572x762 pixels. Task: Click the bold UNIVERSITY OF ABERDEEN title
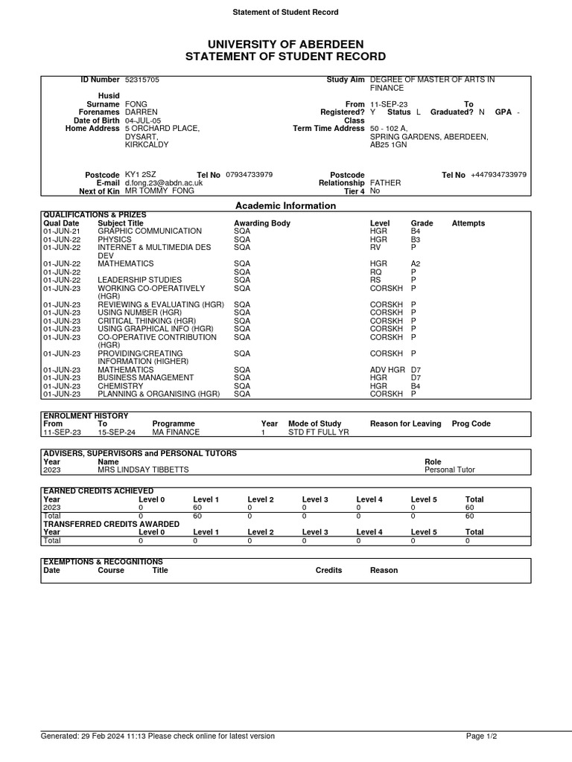(285, 45)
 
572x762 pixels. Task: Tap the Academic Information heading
(285, 205)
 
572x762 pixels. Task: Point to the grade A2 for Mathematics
(416, 263)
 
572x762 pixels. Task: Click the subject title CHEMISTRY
(119, 386)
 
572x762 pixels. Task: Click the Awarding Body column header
(262, 223)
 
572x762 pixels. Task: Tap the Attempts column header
(468, 223)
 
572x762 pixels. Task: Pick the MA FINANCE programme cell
(176, 432)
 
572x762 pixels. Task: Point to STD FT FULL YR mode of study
(318, 432)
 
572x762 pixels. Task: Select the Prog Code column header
(471, 424)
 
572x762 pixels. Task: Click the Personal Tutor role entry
(449, 470)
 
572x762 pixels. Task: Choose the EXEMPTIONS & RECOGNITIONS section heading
(103, 562)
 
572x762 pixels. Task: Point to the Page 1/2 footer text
(481, 736)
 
